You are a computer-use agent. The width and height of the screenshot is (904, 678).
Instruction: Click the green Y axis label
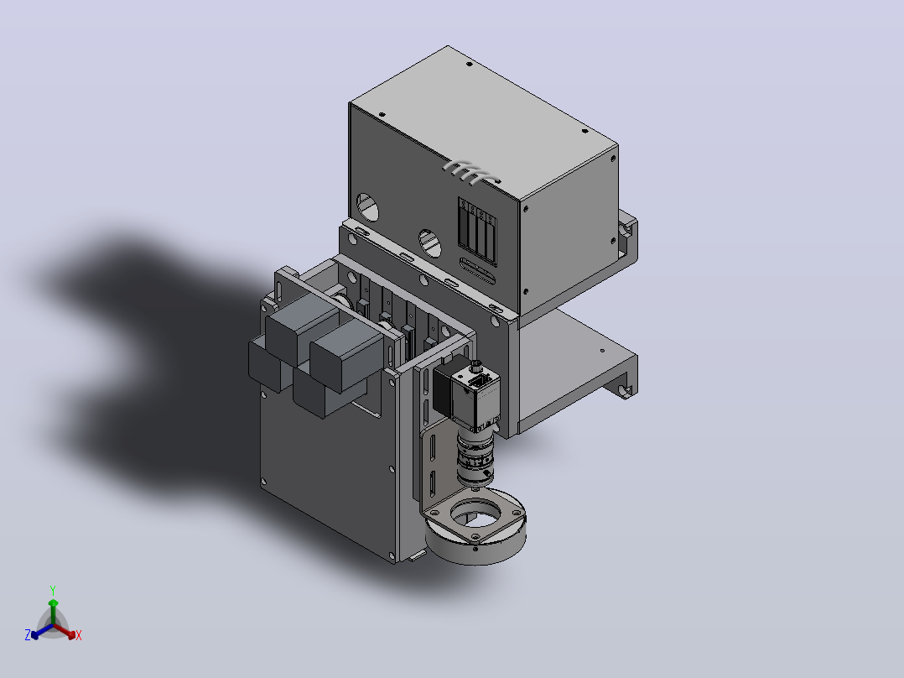[x=53, y=590]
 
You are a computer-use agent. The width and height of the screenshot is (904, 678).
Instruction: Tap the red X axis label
[x=79, y=635]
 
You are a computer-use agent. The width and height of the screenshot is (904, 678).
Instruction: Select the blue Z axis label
[x=28, y=634]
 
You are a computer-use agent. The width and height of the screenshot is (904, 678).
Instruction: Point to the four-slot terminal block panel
[x=477, y=231]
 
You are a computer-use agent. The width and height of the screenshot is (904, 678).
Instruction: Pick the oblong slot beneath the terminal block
[x=477, y=271]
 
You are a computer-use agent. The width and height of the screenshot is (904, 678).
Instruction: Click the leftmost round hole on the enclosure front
[x=367, y=207]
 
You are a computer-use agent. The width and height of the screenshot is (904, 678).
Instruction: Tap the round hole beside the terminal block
[x=429, y=243]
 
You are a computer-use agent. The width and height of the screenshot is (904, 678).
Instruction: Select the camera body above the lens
[x=467, y=393]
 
